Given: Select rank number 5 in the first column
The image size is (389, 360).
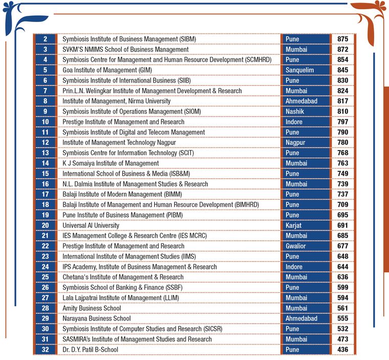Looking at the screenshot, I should tap(46, 70).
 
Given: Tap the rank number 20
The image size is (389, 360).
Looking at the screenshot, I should tap(46, 225).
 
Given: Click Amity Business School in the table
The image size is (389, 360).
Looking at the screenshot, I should tap(92, 308).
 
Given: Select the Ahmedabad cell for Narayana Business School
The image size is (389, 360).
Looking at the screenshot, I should tap(301, 319).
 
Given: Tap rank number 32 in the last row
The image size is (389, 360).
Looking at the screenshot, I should tap(46, 349).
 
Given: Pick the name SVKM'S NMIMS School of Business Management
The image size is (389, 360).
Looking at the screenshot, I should tap(125, 50).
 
